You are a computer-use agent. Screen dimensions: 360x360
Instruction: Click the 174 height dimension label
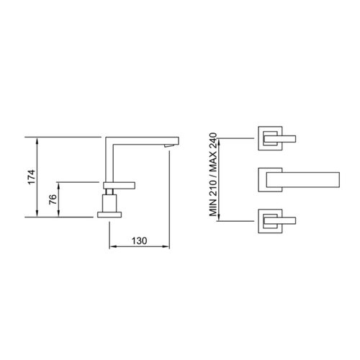pos(32,177)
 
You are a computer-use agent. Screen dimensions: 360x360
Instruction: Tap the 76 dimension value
pos(53,199)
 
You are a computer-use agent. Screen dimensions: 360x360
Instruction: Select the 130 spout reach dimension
pos(139,240)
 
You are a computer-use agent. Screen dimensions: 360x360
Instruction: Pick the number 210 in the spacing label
pos(213,189)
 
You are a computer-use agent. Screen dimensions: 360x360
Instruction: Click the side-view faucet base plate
pos(109,215)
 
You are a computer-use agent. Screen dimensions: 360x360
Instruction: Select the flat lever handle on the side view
pos(120,186)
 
